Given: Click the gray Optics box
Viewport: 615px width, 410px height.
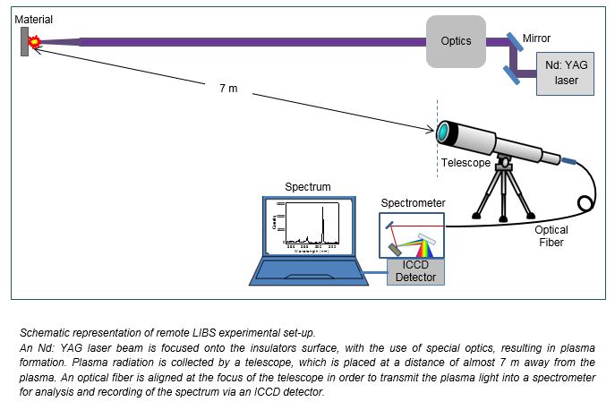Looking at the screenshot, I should pyautogui.click(x=455, y=41).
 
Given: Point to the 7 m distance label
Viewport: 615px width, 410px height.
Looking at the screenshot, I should pyautogui.click(x=228, y=89).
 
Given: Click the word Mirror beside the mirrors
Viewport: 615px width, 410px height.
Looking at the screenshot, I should pyautogui.click(x=536, y=38).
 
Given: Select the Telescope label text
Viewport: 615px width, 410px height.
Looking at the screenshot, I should pyautogui.click(x=466, y=164).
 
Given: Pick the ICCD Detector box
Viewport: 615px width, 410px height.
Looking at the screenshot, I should pyautogui.click(x=414, y=271).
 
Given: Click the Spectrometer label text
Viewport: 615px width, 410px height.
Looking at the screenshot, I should pyautogui.click(x=411, y=203).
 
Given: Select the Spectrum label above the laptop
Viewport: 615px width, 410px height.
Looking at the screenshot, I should pyautogui.click(x=307, y=187).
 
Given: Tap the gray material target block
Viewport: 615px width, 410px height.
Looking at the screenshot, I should pyautogui.click(x=25, y=40).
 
